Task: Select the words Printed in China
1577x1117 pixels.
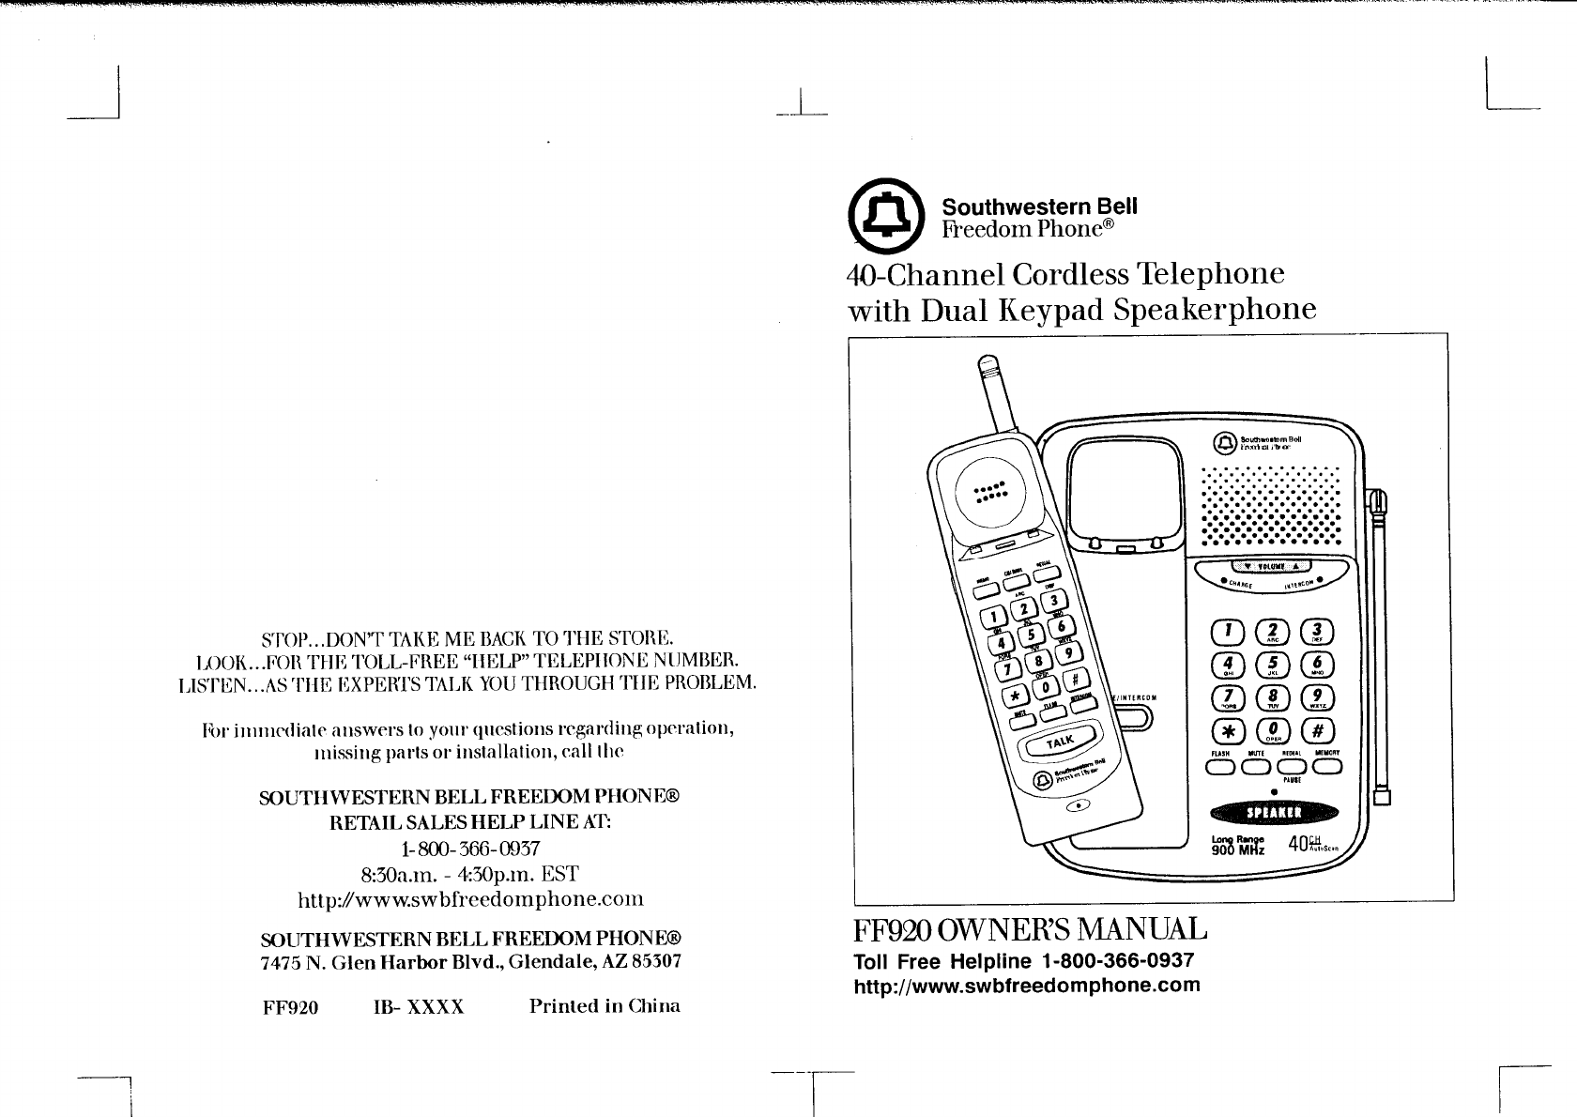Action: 605,1006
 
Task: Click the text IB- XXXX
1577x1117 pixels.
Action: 419,1007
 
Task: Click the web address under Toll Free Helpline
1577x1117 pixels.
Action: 1026,986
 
